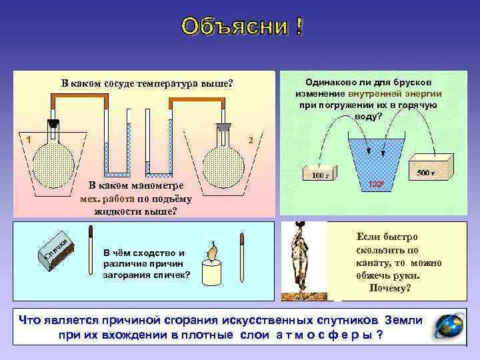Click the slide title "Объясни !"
coord(240,27)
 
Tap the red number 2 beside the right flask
coord(250,140)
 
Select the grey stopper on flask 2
coord(223,125)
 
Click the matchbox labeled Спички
coord(53,253)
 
